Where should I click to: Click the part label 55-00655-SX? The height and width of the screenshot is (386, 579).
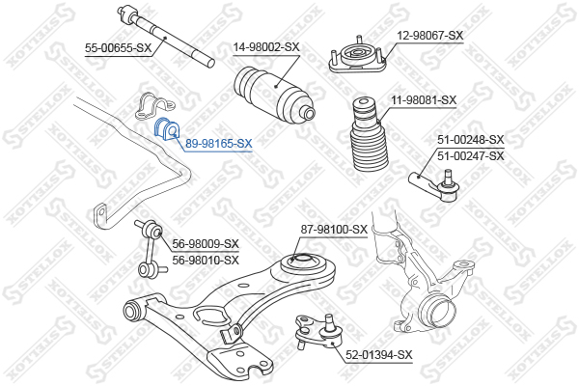click(x=118, y=47)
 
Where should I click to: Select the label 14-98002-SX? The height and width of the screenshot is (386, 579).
click(x=266, y=46)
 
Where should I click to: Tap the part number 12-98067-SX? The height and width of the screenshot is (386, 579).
click(x=430, y=35)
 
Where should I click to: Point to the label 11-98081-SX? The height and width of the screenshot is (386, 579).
click(x=423, y=99)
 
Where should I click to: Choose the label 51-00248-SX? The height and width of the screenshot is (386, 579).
click(x=471, y=141)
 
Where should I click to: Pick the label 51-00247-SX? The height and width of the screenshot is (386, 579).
click(x=471, y=155)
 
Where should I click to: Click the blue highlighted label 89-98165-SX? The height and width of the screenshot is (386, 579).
click(x=218, y=143)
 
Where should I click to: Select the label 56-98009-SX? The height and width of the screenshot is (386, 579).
click(x=205, y=244)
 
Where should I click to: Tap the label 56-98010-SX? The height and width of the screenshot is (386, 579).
click(x=205, y=260)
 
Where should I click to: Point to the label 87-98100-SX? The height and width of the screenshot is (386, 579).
click(x=334, y=229)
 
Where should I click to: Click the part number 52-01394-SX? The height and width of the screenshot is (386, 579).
click(x=378, y=355)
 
